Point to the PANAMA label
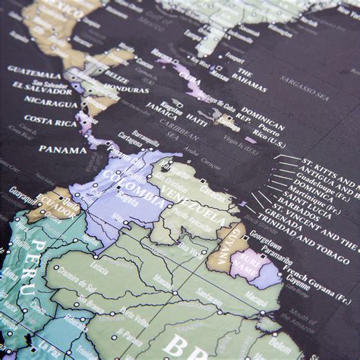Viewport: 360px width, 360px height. pyautogui.click(x=62, y=149)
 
